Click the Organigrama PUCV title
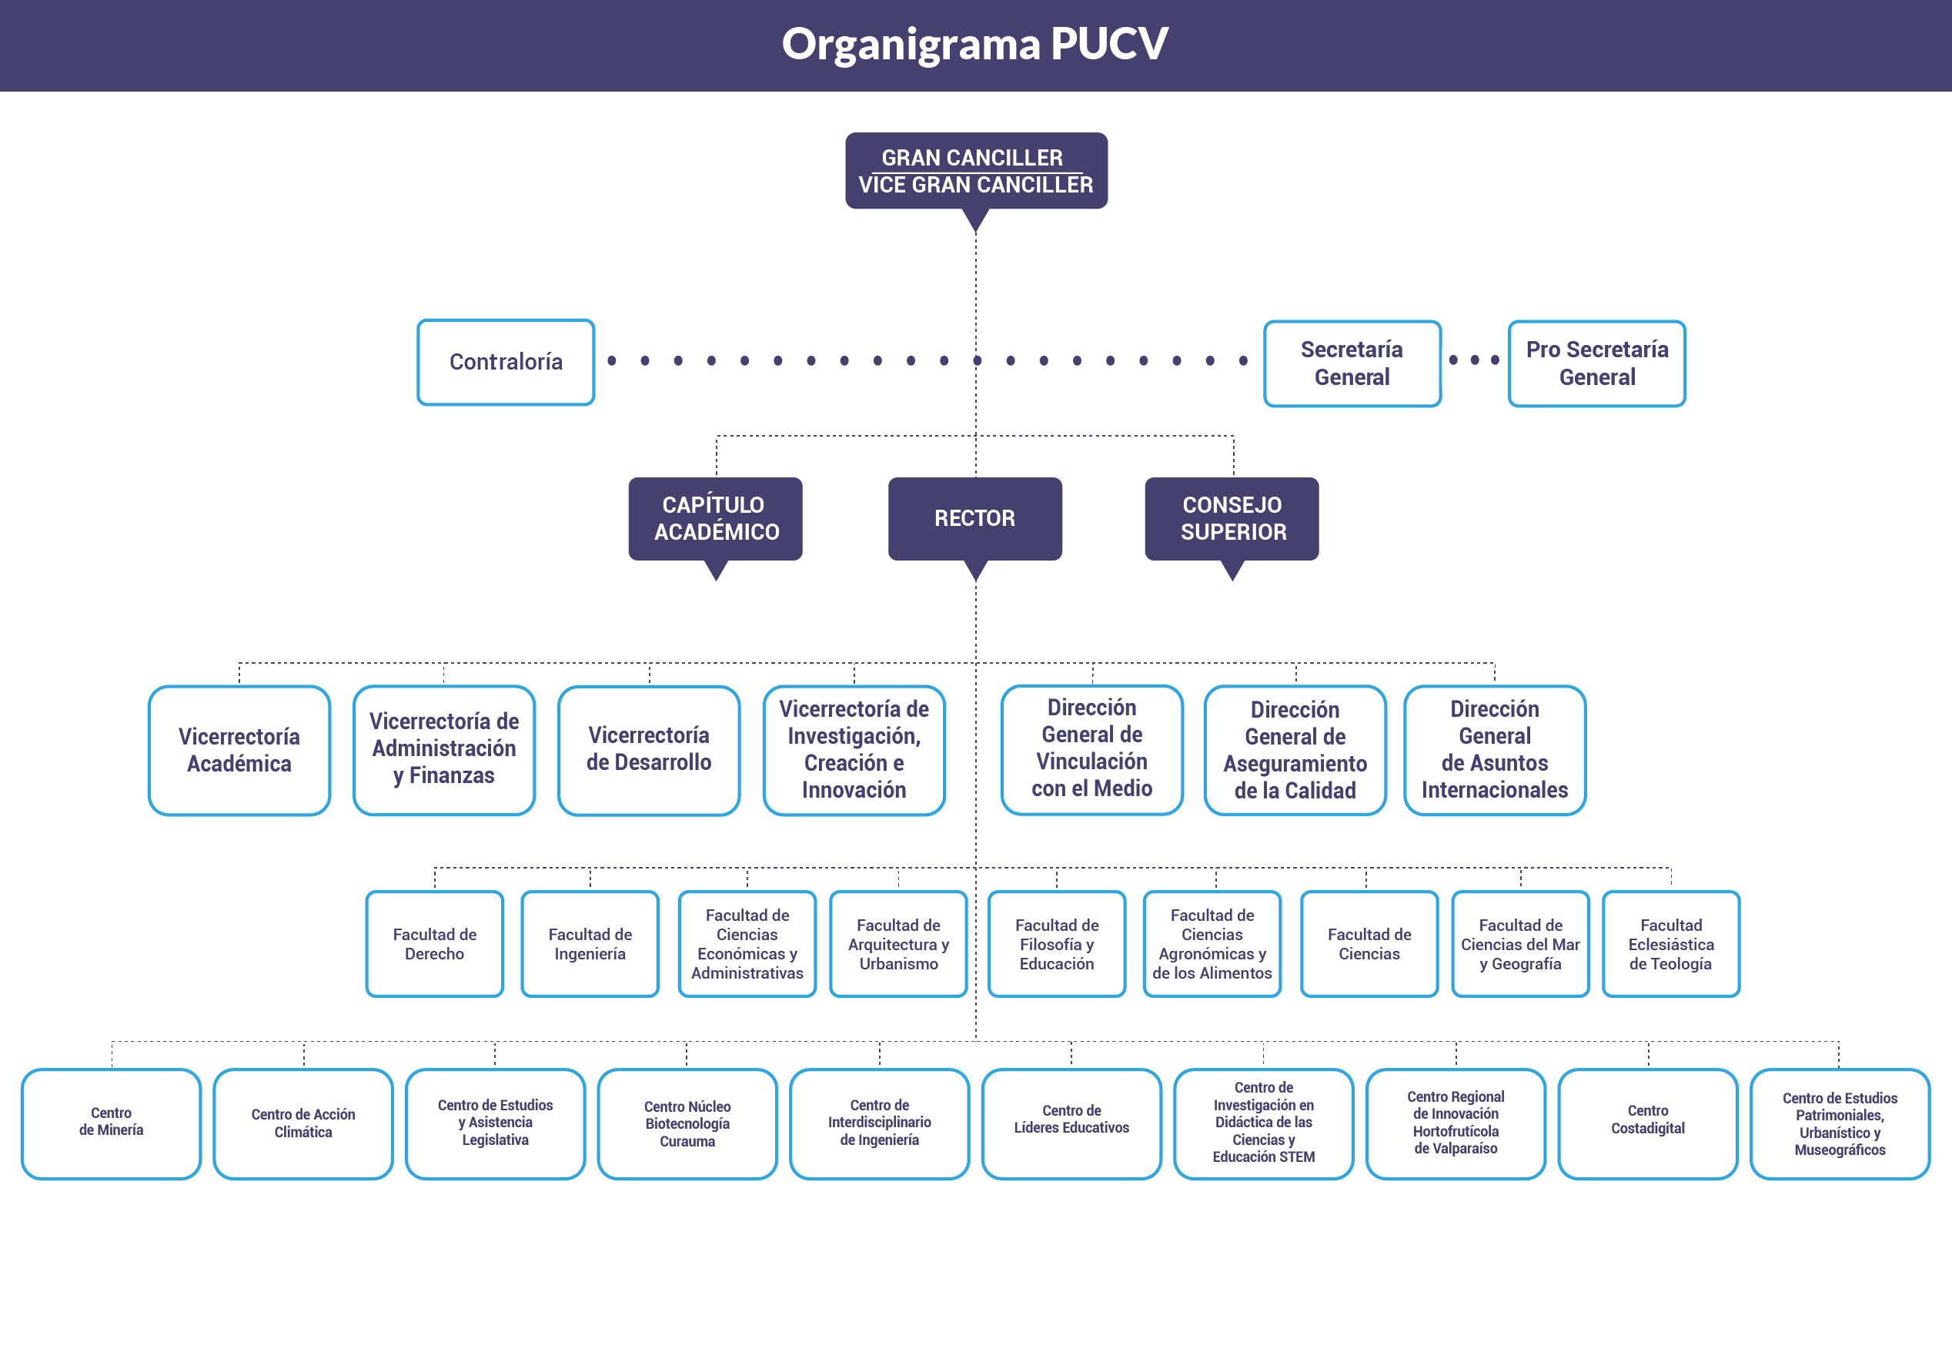(x=974, y=44)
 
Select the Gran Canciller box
(x=975, y=170)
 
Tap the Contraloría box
(x=506, y=363)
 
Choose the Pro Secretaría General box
(x=1596, y=363)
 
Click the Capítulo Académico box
(x=716, y=518)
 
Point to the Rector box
(x=975, y=518)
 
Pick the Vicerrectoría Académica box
(x=239, y=750)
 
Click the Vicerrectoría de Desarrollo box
(x=649, y=750)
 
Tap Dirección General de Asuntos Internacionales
(x=1495, y=750)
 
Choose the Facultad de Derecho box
(x=434, y=944)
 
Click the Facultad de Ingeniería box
(x=590, y=944)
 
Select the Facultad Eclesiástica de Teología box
(x=1670, y=944)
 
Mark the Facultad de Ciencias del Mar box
(x=1520, y=944)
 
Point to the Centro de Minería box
(x=112, y=1123)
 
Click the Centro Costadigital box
(x=1648, y=1123)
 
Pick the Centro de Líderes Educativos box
(x=1071, y=1123)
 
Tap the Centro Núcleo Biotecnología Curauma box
(x=687, y=1123)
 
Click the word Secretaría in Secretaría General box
(x=1351, y=350)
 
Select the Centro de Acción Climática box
(x=303, y=1123)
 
